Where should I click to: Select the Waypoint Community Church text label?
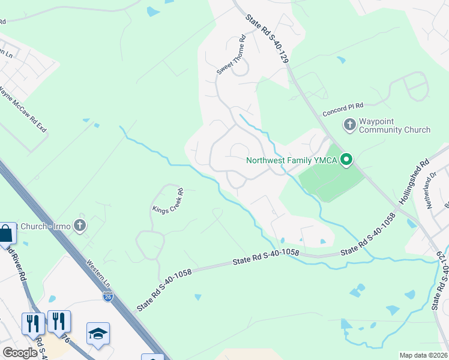coord(394,125)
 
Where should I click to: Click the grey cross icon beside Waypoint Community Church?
coord(349,125)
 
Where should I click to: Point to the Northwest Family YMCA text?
coord(292,160)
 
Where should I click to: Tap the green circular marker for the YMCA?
coord(346,160)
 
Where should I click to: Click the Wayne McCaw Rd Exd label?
coord(22,111)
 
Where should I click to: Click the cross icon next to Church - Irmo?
coord(80,226)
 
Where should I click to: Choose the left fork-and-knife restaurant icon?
coord(32,323)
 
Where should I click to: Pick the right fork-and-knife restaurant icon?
coord(58,320)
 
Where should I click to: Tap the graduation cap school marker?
coord(98,333)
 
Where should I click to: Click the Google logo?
coord(20,353)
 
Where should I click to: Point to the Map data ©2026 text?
coord(423,355)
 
